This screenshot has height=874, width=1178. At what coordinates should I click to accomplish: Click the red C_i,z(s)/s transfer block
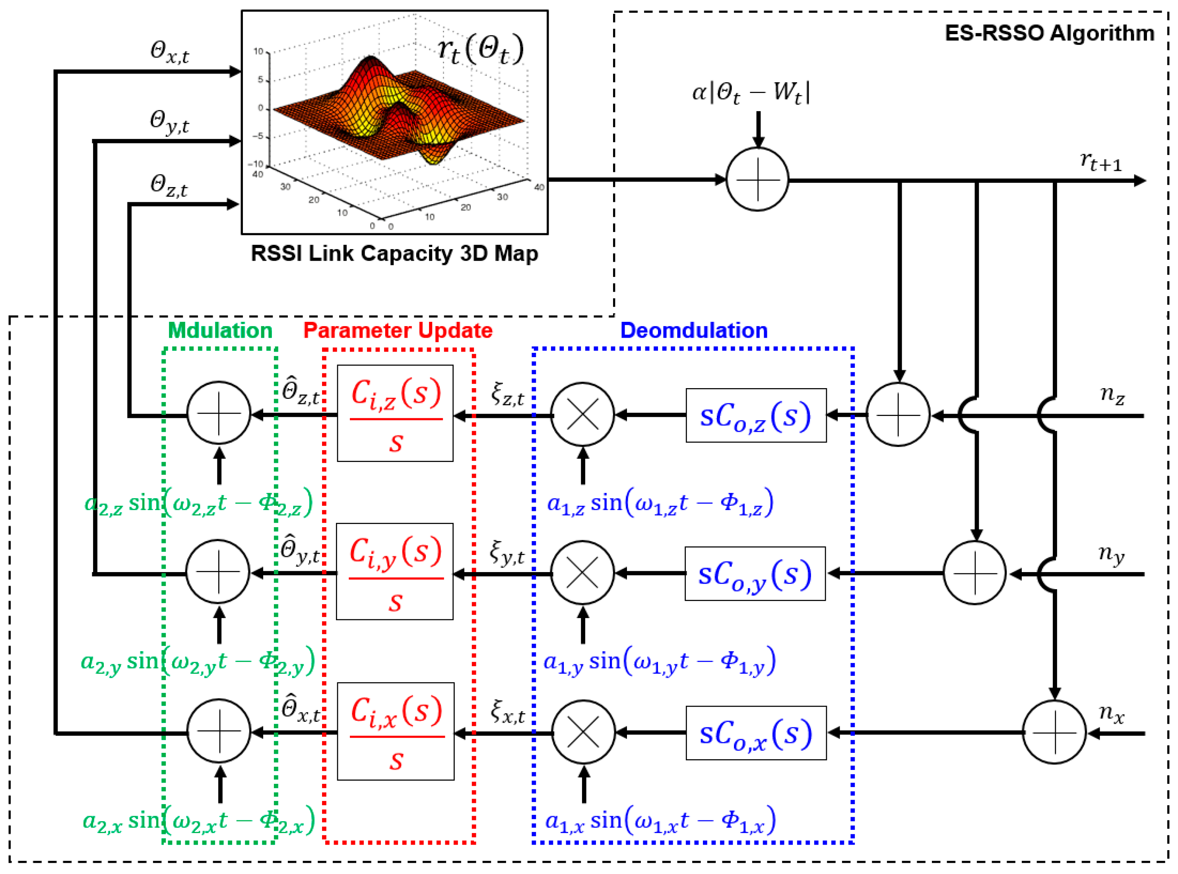pos(395,413)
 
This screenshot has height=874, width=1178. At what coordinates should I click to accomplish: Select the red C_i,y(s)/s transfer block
pos(394,571)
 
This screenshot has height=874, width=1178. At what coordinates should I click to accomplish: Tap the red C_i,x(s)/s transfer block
pos(396,731)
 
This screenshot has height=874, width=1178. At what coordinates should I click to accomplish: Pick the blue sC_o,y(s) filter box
pos(755,574)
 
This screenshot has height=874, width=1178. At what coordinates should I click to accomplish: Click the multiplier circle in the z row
pos(582,414)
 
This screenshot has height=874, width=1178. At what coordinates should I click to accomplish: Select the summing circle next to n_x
pos(1054,732)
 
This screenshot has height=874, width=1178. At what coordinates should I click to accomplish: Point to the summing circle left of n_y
pos(975,573)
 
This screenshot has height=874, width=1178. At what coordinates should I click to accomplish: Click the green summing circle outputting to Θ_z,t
pos(219,413)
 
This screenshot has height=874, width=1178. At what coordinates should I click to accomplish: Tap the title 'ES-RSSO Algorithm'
pos(1049,33)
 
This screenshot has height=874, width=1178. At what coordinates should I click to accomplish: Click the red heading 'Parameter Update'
pos(398,331)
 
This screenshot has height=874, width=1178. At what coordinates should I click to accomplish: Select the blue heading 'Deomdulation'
pos(694,331)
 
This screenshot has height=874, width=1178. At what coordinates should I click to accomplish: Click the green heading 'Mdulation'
pos(220,331)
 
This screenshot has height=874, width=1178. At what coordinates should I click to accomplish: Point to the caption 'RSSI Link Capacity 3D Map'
pos(394,253)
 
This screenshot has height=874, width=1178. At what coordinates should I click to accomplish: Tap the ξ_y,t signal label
pos(507,553)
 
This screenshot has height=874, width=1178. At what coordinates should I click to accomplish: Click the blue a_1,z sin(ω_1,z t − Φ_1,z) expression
pos(660,502)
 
